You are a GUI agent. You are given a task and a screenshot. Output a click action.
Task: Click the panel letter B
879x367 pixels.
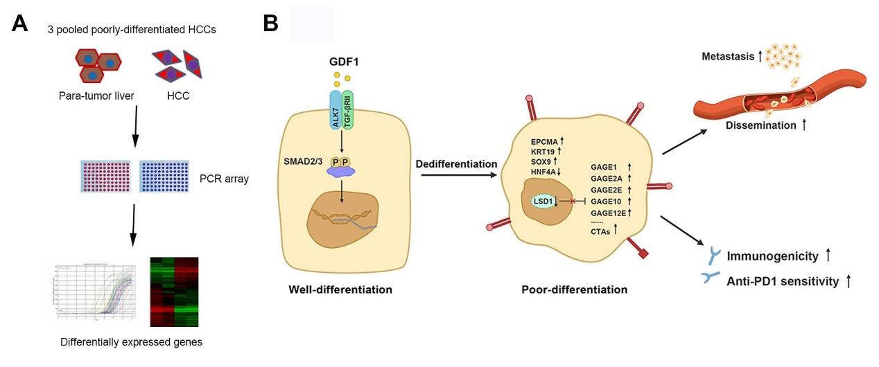tap(271, 24)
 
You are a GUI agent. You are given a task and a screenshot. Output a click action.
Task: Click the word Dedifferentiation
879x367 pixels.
tap(456, 164)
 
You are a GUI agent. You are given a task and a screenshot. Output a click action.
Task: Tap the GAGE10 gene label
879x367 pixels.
tap(605, 201)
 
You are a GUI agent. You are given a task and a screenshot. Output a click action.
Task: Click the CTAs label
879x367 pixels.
tap(602, 232)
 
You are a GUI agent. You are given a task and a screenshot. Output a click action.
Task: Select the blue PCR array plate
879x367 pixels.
tap(164, 179)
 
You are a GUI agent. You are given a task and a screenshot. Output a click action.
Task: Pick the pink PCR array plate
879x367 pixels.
tap(106, 179)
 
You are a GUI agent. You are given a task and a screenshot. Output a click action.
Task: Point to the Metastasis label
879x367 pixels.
tap(727, 56)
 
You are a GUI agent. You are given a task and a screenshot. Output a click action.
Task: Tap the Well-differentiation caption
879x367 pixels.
tap(340, 289)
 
